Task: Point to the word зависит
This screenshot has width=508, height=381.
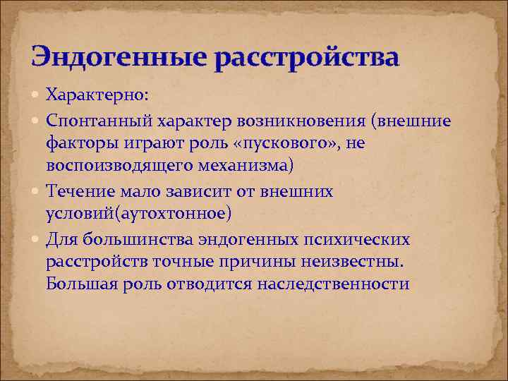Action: point(192,190)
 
